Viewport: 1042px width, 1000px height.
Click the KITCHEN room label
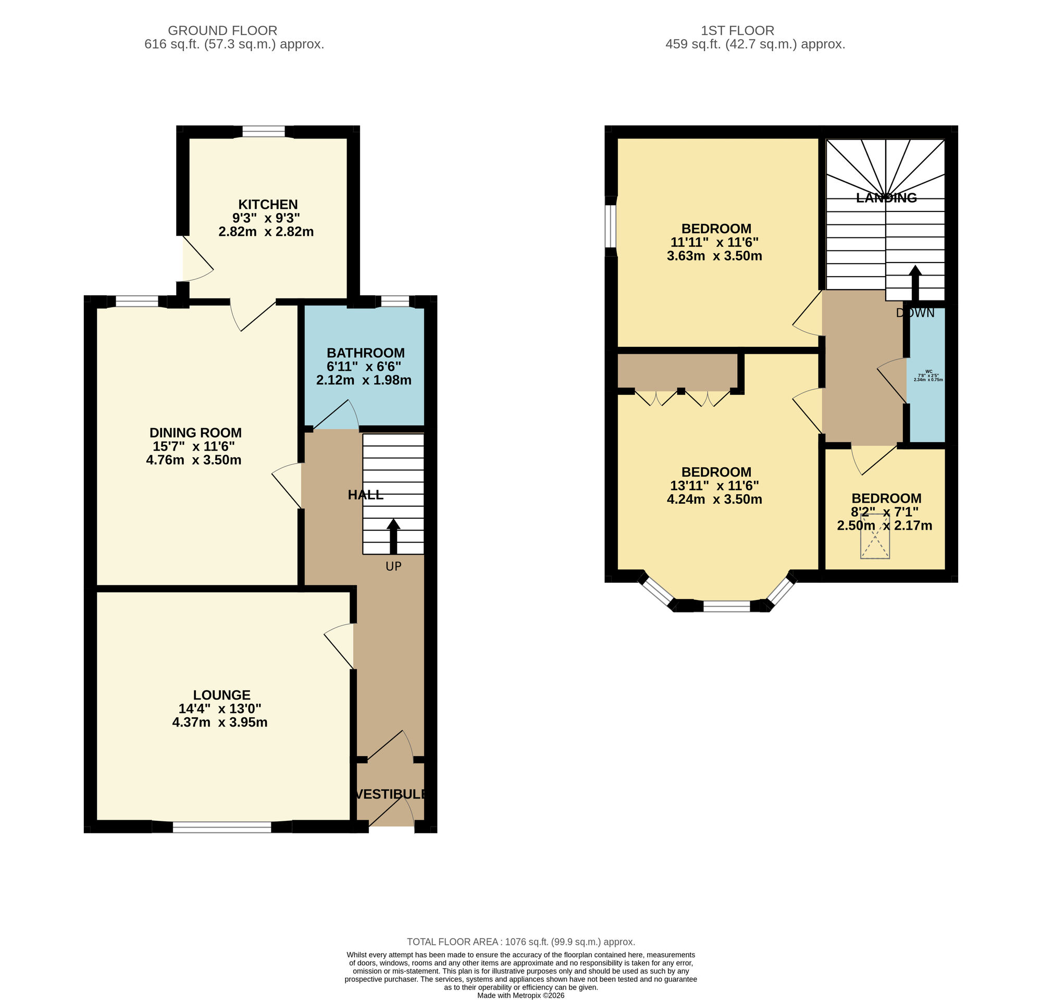pos(267,205)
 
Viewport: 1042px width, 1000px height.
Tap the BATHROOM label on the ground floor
pos(365,353)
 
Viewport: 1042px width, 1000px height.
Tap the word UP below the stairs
pos(393,567)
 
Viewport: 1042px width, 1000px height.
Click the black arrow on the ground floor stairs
pos(393,536)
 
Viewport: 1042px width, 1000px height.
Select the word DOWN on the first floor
pos(915,313)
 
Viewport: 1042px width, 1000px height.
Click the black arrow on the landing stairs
pos(915,283)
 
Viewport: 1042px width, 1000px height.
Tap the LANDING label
pos(886,198)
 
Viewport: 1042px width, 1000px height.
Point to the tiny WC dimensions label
pos(928,376)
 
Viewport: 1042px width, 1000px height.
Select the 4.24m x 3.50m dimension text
pos(714,499)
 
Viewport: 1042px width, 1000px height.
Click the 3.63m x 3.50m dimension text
pos(714,256)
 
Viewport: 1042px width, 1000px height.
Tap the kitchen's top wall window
pos(264,131)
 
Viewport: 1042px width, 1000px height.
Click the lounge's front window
pos(222,827)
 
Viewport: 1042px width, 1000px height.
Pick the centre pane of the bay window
pos(727,606)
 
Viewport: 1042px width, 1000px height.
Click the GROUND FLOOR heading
pos(222,31)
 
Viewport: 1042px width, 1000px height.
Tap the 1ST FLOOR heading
pos(737,31)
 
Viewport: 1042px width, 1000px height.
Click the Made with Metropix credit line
pos(520,995)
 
